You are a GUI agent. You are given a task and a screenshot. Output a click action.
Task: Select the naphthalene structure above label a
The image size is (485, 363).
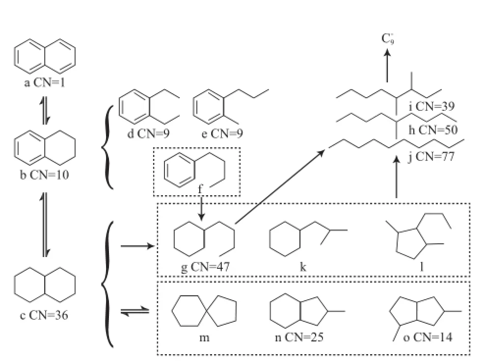[45, 55]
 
